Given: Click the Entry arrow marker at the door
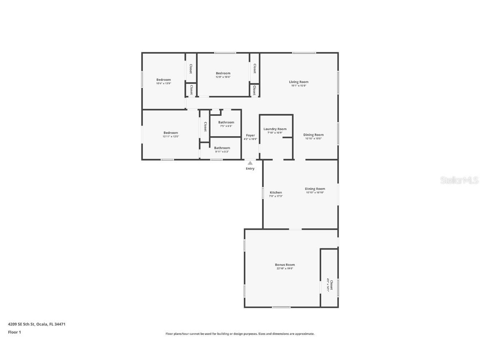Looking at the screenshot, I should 250,163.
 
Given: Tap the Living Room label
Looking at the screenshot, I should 299,82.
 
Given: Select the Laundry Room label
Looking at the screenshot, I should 275,129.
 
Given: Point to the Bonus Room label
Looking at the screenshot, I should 285,265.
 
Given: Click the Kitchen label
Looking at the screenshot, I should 276,192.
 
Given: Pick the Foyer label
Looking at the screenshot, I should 250,135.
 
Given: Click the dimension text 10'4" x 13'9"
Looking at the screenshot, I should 164,83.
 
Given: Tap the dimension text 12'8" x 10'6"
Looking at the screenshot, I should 223,77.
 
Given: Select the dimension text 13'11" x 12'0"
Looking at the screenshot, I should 171,137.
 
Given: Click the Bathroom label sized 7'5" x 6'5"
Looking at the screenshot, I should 226,122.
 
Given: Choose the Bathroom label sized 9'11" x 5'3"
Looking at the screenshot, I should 222,148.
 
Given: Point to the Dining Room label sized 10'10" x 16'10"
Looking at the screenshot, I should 315,189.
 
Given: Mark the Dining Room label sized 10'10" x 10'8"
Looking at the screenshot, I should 313,135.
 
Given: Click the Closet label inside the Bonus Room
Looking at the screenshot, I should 331,282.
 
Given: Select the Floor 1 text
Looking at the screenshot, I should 14,332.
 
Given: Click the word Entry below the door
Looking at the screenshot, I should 250,169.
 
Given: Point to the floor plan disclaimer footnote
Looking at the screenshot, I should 240,334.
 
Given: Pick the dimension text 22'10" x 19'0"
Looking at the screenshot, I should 285,269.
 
